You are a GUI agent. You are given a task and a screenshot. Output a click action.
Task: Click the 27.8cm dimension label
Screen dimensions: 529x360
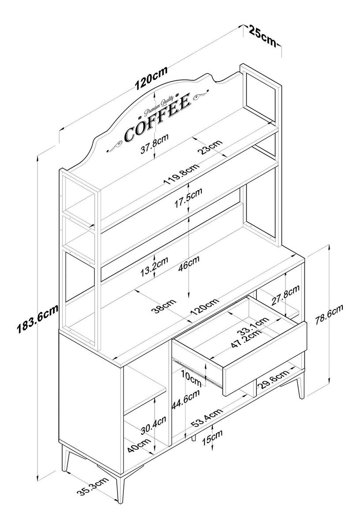[x=285, y=295]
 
